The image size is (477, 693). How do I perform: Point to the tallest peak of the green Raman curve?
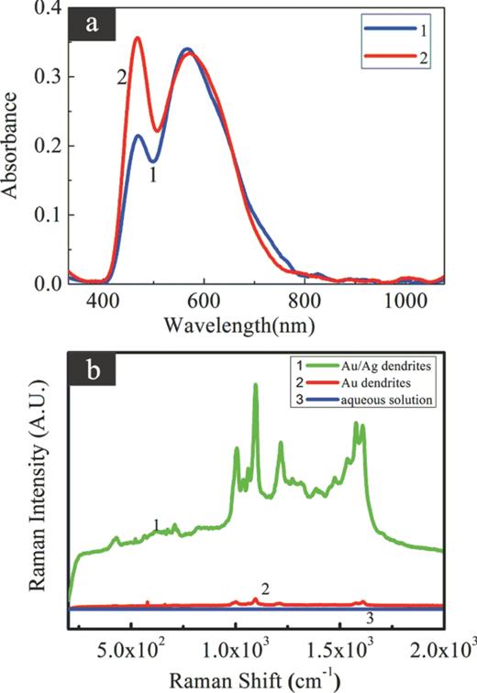[255, 385]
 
